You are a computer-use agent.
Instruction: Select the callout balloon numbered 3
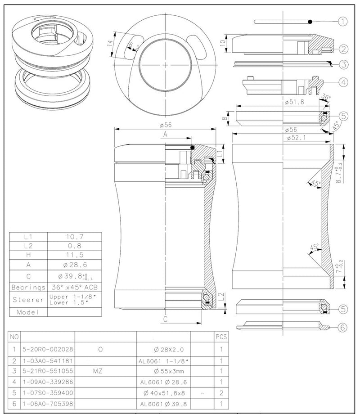click(344, 64)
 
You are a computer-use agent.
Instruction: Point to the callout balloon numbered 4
click(344, 82)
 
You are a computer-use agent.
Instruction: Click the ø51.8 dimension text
click(294, 102)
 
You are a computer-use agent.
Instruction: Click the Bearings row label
click(28, 287)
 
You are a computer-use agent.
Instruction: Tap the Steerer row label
click(28, 299)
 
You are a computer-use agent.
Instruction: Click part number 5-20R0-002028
click(48, 349)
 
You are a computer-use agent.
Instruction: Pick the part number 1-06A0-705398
click(48, 404)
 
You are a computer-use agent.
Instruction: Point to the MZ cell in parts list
click(100, 371)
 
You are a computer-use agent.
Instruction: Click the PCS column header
click(221, 337)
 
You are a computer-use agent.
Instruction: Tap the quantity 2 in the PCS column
click(221, 393)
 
